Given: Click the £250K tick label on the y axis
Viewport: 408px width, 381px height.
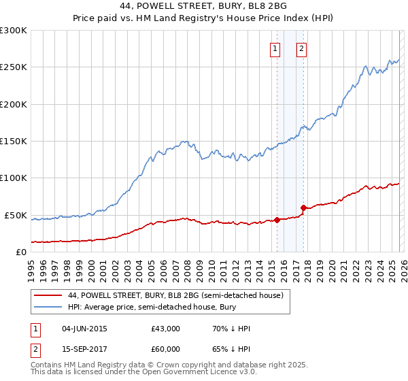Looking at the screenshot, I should click(13, 67).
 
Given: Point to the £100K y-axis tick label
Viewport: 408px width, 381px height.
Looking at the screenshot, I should click(13, 178).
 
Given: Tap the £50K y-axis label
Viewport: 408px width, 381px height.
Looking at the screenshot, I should click(16, 215).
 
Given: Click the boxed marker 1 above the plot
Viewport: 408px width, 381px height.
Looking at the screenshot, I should click(275, 48).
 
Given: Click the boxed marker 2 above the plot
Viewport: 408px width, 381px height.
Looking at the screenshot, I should click(301, 48).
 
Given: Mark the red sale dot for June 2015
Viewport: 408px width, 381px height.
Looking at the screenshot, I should click(277, 220).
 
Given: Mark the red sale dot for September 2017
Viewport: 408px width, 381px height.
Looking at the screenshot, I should click(303, 208).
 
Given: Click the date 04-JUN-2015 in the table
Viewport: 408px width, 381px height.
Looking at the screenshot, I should click(84, 329).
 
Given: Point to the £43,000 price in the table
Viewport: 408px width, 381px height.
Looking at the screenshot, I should click(166, 329).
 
